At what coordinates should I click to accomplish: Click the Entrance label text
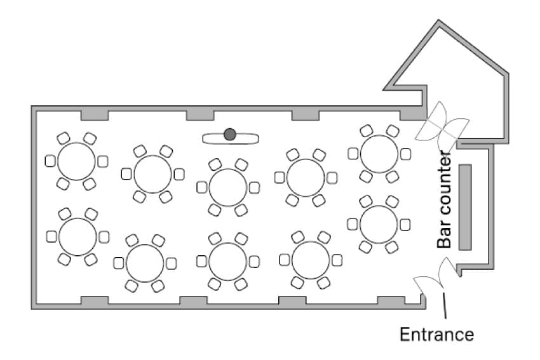point(436,334)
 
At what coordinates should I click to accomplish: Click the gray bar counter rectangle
point(465,207)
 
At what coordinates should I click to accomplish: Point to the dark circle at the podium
point(230,134)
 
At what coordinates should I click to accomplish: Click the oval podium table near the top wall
point(231,138)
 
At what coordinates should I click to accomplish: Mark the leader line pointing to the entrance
point(444,305)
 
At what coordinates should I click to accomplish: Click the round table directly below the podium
point(228,187)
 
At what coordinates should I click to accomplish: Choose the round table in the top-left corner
point(76,161)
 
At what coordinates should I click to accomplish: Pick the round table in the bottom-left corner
point(78,237)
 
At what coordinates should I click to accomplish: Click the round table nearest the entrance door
point(379,224)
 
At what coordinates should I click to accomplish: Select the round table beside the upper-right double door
point(379,154)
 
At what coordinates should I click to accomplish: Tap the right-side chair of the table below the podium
point(254,187)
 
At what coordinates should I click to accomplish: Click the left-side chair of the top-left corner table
point(50,161)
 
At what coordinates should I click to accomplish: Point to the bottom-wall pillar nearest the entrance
point(391,300)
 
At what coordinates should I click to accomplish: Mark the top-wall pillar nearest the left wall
point(95,116)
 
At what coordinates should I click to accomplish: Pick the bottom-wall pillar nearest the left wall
point(95,300)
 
